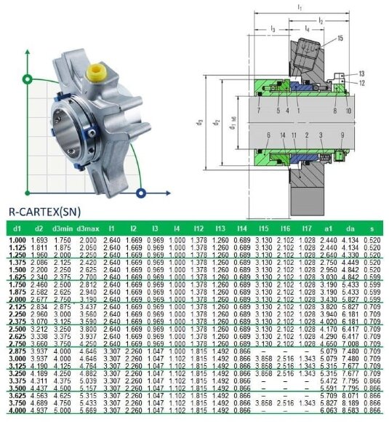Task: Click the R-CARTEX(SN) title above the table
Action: tap(44, 212)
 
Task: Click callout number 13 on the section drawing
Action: tap(361, 73)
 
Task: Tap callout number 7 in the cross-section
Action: tap(259, 111)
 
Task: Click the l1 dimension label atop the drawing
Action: tap(299, 7)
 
